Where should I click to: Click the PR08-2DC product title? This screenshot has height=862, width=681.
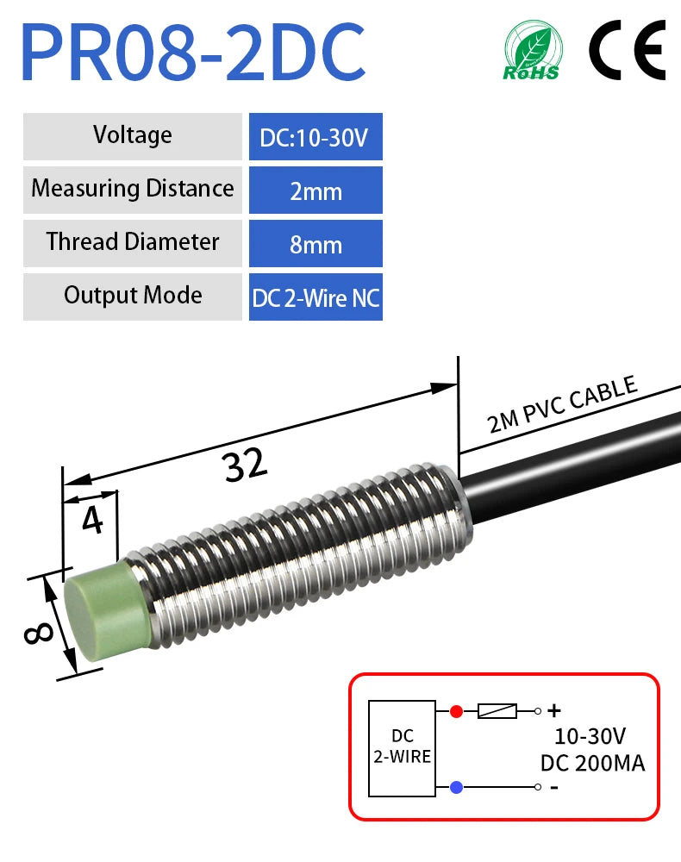[x=193, y=53]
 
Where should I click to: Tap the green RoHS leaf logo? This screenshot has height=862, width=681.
[x=532, y=51]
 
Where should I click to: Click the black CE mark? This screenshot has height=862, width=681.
[x=628, y=50]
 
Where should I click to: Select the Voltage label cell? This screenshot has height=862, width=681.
[x=133, y=136]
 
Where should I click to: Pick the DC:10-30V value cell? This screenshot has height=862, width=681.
[x=316, y=136]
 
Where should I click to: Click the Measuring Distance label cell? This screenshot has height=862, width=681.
[x=133, y=190]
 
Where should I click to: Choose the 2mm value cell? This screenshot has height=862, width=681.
[x=316, y=190]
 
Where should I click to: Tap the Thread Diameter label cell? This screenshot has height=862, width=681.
[x=133, y=243]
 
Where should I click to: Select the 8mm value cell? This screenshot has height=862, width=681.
[x=316, y=243]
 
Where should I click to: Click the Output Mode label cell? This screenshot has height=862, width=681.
[x=133, y=297]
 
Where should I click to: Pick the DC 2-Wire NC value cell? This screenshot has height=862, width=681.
[x=316, y=297]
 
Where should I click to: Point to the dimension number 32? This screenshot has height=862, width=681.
[x=246, y=465]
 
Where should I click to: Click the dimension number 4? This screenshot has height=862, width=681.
[x=92, y=520]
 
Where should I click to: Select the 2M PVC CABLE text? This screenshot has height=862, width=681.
[x=562, y=404]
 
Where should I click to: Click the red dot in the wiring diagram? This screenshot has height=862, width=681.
[x=456, y=711]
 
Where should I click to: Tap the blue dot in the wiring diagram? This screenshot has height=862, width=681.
[x=456, y=787]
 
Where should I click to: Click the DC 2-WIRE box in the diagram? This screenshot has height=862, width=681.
[x=402, y=748]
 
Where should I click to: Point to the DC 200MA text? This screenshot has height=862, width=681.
[x=592, y=763]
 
